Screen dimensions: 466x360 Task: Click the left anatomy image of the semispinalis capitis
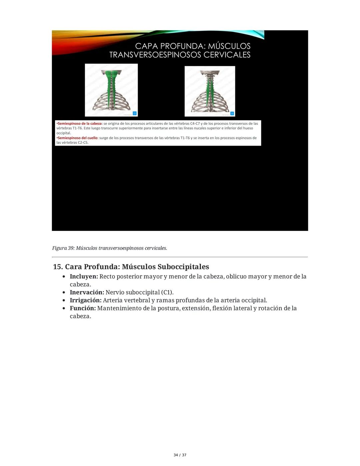[x=111, y=90]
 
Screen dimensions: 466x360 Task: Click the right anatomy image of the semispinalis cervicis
[x=210, y=91]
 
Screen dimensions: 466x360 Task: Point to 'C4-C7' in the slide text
[x=201, y=123]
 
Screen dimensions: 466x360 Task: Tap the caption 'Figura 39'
[x=63, y=248]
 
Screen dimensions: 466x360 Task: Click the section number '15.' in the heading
[x=58, y=267]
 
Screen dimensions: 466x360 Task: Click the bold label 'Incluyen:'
[x=84, y=277]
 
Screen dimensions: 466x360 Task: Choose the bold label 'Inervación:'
[x=87, y=293]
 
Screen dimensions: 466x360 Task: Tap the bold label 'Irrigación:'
[x=85, y=301]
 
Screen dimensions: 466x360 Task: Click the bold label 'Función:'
[x=83, y=309]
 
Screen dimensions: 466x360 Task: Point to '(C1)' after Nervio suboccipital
[x=167, y=293]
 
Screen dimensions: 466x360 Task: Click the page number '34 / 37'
[x=180, y=455]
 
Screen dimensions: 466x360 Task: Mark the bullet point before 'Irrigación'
[x=64, y=301]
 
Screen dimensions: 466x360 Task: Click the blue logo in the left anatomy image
[x=135, y=113]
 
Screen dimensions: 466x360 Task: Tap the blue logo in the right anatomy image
[x=232, y=113]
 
